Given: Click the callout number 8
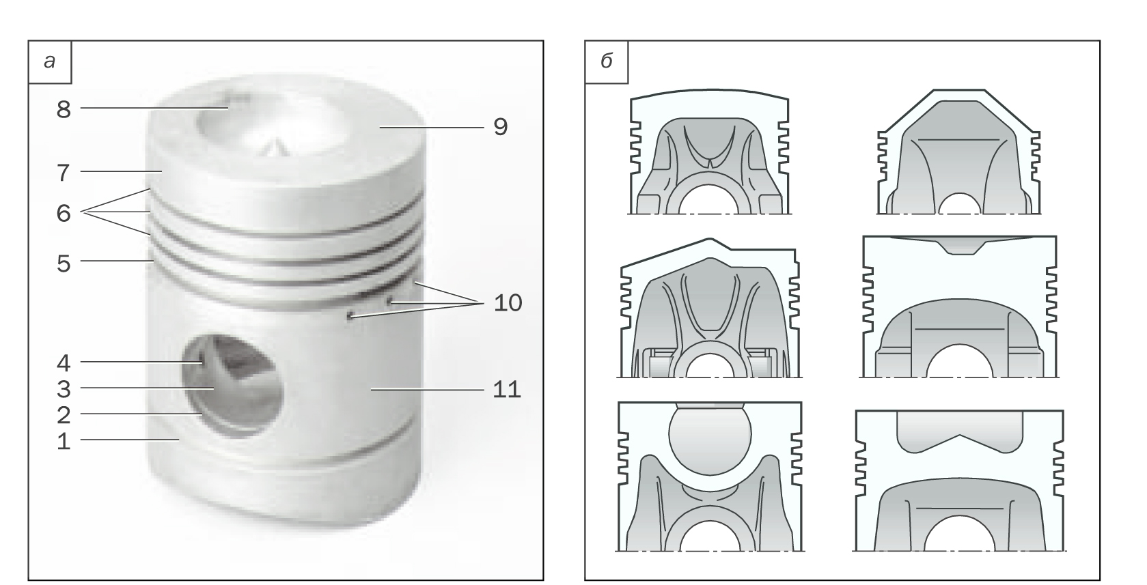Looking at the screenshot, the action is click(x=64, y=109).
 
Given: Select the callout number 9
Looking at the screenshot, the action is click(x=500, y=126).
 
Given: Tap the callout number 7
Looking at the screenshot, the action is click(x=63, y=173).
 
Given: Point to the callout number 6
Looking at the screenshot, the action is click(x=64, y=212).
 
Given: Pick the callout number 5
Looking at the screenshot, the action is click(x=64, y=263).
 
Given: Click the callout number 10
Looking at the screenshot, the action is click(x=508, y=302).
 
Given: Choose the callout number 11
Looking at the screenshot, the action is click(x=506, y=389).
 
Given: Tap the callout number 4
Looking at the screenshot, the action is click(x=64, y=363).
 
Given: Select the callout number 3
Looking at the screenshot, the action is click(x=64, y=389).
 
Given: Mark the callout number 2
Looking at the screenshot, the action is click(x=64, y=415).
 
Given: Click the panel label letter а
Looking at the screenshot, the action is click(x=49, y=61).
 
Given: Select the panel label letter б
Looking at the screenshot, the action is click(x=606, y=61).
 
